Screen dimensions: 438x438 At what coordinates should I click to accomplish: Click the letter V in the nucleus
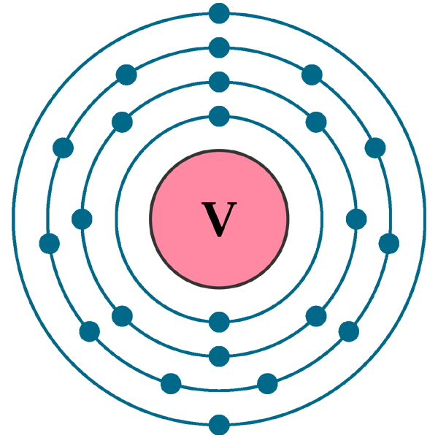(x=219, y=219)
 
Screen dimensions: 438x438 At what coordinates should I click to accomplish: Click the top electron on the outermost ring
(x=219, y=12)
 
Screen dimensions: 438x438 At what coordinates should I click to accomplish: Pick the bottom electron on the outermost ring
(x=219, y=424)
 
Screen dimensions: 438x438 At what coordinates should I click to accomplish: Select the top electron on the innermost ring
(x=219, y=115)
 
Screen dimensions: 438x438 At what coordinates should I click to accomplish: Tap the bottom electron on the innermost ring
(x=219, y=321)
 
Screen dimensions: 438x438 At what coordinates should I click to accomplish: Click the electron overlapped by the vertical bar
(x=375, y=149)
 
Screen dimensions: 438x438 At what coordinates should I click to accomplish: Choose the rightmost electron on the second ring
(x=356, y=219)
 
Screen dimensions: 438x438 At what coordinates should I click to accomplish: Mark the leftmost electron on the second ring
(x=82, y=219)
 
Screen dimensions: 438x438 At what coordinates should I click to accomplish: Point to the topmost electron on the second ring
(x=219, y=81)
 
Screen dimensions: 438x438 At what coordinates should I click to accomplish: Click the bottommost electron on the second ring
(x=219, y=356)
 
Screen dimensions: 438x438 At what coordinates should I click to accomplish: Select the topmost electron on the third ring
(x=219, y=47)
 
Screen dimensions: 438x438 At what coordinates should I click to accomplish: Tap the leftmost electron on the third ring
(x=50, y=243)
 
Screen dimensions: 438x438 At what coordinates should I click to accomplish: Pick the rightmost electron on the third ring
(x=389, y=243)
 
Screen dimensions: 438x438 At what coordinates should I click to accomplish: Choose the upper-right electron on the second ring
(x=316, y=122)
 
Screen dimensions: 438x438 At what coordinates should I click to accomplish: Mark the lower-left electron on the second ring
(x=122, y=316)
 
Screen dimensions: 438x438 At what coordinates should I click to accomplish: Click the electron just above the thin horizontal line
(x=171, y=383)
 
